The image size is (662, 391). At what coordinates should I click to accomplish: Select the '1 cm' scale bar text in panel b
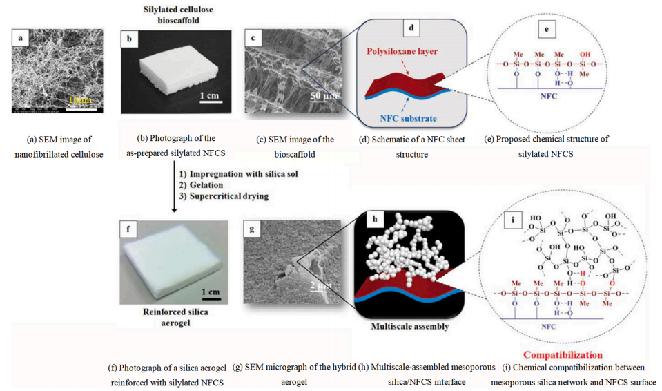(x=210, y=95)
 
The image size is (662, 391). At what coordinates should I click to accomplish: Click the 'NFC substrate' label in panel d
(x=407, y=117)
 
